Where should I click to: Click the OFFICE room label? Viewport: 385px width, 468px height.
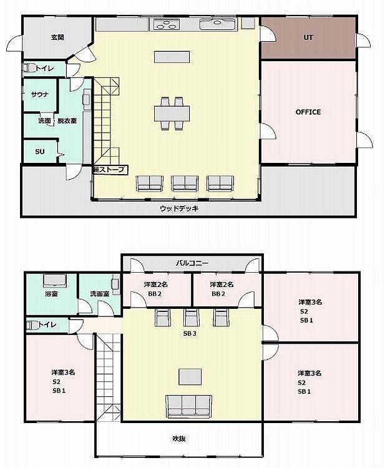(308, 112)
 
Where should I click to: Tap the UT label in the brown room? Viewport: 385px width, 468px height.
(308, 37)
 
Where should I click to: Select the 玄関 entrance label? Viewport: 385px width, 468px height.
(57, 37)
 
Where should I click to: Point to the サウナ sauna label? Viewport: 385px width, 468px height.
(40, 95)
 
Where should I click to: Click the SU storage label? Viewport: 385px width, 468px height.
(40, 152)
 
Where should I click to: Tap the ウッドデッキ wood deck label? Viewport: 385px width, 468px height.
(179, 208)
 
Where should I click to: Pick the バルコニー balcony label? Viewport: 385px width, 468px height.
(192, 263)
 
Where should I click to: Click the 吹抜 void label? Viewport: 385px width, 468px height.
(179, 439)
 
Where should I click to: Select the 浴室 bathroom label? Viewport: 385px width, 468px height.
(51, 294)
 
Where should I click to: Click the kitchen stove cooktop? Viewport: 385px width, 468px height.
(166, 24)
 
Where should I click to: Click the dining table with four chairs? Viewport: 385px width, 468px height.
(172, 114)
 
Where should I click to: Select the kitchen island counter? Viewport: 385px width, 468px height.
(172, 57)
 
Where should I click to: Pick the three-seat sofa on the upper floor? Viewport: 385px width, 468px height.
(189, 407)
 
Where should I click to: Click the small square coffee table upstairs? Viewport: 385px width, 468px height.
(190, 377)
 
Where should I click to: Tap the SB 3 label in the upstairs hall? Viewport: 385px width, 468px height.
(190, 333)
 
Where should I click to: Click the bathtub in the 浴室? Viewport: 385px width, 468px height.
(55, 280)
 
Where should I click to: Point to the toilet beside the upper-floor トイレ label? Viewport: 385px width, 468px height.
(32, 324)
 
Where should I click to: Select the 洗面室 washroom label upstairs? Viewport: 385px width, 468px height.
(100, 294)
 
